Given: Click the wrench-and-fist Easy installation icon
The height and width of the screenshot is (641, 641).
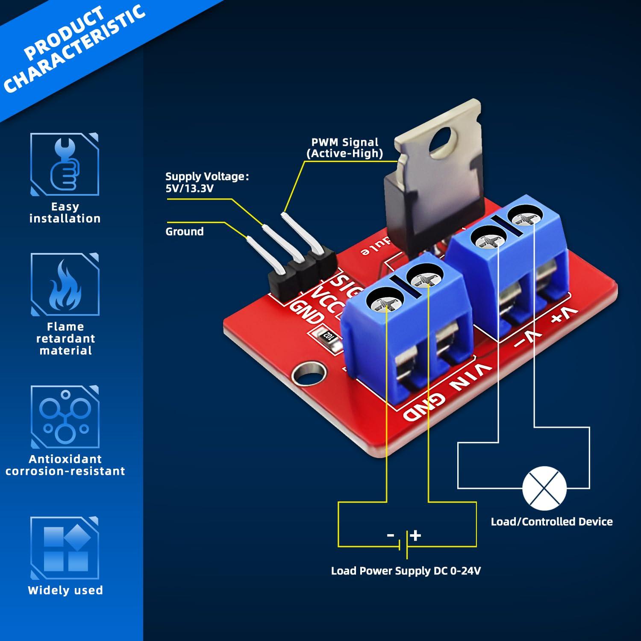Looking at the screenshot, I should click(x=65, y=165).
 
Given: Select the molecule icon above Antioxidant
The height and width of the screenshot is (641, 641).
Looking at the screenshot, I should click(x=65, y=417).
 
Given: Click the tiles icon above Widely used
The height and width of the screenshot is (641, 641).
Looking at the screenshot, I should click(x=65, y=549).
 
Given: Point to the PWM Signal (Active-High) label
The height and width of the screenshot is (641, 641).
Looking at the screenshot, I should click(x=344, y=148).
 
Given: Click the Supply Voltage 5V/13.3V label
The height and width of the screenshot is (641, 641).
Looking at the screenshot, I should click(x=206, y=182).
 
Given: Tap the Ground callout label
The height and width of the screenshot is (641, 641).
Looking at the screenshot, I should click(x=184, y=232).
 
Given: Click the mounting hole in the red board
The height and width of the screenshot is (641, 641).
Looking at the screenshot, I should click(x=307, y=375).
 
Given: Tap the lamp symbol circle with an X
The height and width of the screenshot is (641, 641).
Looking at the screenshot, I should click(x=544, y=488).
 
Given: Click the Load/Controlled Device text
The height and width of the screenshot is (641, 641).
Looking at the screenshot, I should click(x=551, y=521).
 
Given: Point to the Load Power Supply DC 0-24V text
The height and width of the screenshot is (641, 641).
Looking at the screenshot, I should click(x=406, y=571).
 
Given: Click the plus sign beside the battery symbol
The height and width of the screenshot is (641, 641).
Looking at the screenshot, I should click(x=416, y=535).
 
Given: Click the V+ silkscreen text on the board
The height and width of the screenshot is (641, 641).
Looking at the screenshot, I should click(x=564, y=315).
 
